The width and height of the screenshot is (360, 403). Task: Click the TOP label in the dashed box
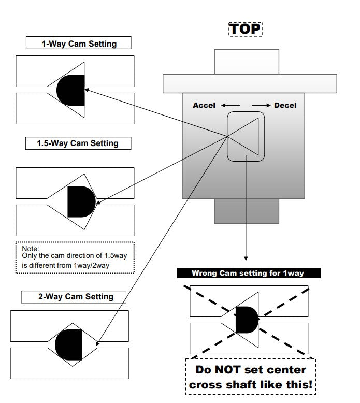(246, 28)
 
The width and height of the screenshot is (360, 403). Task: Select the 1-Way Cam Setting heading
(79, 44)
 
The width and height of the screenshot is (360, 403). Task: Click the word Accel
(204, 105)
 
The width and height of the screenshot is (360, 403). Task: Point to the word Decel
(285, 105)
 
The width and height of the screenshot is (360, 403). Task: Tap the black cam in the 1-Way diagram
(71, 90)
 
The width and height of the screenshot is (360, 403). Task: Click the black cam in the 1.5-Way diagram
(81, 201)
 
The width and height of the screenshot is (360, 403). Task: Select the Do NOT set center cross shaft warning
(251, 377)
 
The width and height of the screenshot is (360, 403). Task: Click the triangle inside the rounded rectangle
(249, 136)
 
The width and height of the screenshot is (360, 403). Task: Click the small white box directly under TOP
(247, 62)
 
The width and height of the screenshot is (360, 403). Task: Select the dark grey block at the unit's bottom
(247, 211)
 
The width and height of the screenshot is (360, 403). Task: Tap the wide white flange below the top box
(250, 83)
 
